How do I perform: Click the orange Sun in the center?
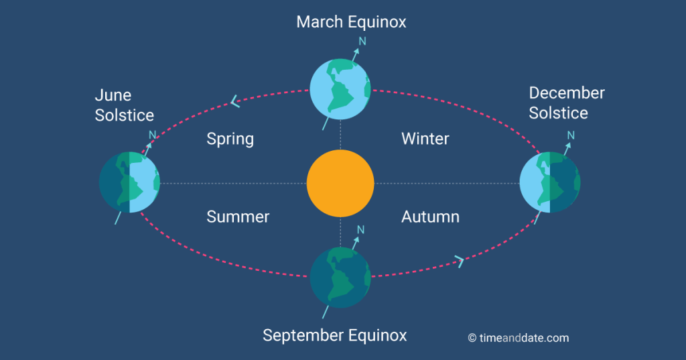340,184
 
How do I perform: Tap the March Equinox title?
351,22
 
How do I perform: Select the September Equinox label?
335,335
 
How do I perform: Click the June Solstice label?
124,105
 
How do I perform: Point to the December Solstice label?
567,103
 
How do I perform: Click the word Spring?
230,139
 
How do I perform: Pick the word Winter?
425,139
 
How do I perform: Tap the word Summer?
238,217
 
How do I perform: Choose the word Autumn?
431,217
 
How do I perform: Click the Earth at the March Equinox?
340,89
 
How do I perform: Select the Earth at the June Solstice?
129,182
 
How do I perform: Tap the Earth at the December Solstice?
550,182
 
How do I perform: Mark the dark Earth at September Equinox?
340,278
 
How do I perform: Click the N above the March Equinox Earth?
362,41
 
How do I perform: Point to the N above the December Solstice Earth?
571,135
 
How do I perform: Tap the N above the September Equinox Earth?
360,230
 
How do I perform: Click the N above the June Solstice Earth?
152,135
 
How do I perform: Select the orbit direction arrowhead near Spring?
235,102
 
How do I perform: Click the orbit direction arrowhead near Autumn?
460,261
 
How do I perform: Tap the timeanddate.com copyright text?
519,338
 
